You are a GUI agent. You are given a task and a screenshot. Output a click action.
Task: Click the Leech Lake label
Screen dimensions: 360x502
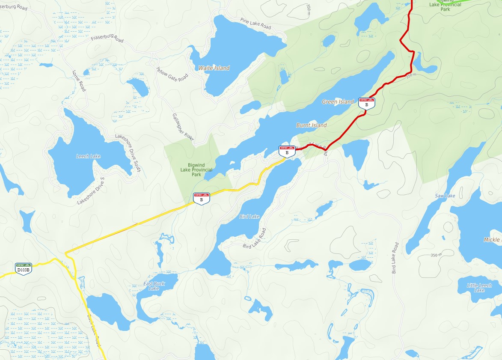(88, 156)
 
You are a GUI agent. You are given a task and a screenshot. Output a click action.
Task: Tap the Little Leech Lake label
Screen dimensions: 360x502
(479, 288)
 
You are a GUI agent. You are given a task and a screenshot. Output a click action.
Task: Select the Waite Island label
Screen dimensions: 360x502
(214, 68)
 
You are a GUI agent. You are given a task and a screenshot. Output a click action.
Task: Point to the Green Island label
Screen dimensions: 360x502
(338, 102)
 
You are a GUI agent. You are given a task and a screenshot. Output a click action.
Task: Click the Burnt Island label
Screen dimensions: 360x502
(311, 125)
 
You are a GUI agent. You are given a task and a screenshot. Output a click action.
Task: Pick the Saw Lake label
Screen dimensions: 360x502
(445, 196)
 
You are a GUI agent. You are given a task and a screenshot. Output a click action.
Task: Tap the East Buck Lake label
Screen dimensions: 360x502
(154, 286)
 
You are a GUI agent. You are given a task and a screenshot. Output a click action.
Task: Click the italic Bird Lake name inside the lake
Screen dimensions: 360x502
(249, 217)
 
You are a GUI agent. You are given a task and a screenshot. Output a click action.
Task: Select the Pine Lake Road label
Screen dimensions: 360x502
(255, 24)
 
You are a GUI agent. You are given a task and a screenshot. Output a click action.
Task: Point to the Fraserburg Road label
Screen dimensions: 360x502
(107, 39)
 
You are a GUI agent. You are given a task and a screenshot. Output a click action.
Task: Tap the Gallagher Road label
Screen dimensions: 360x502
(183, 127)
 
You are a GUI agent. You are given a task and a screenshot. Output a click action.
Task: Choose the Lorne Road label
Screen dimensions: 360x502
(79, 80)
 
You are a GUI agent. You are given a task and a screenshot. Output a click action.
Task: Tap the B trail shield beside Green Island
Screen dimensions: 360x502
(366, 103)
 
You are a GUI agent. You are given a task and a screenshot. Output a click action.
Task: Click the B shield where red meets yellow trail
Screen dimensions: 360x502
(287, 151)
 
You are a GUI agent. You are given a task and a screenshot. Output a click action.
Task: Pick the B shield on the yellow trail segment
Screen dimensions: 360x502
(201, 198)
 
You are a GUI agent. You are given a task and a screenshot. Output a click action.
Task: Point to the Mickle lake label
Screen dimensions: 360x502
(492, 240)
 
